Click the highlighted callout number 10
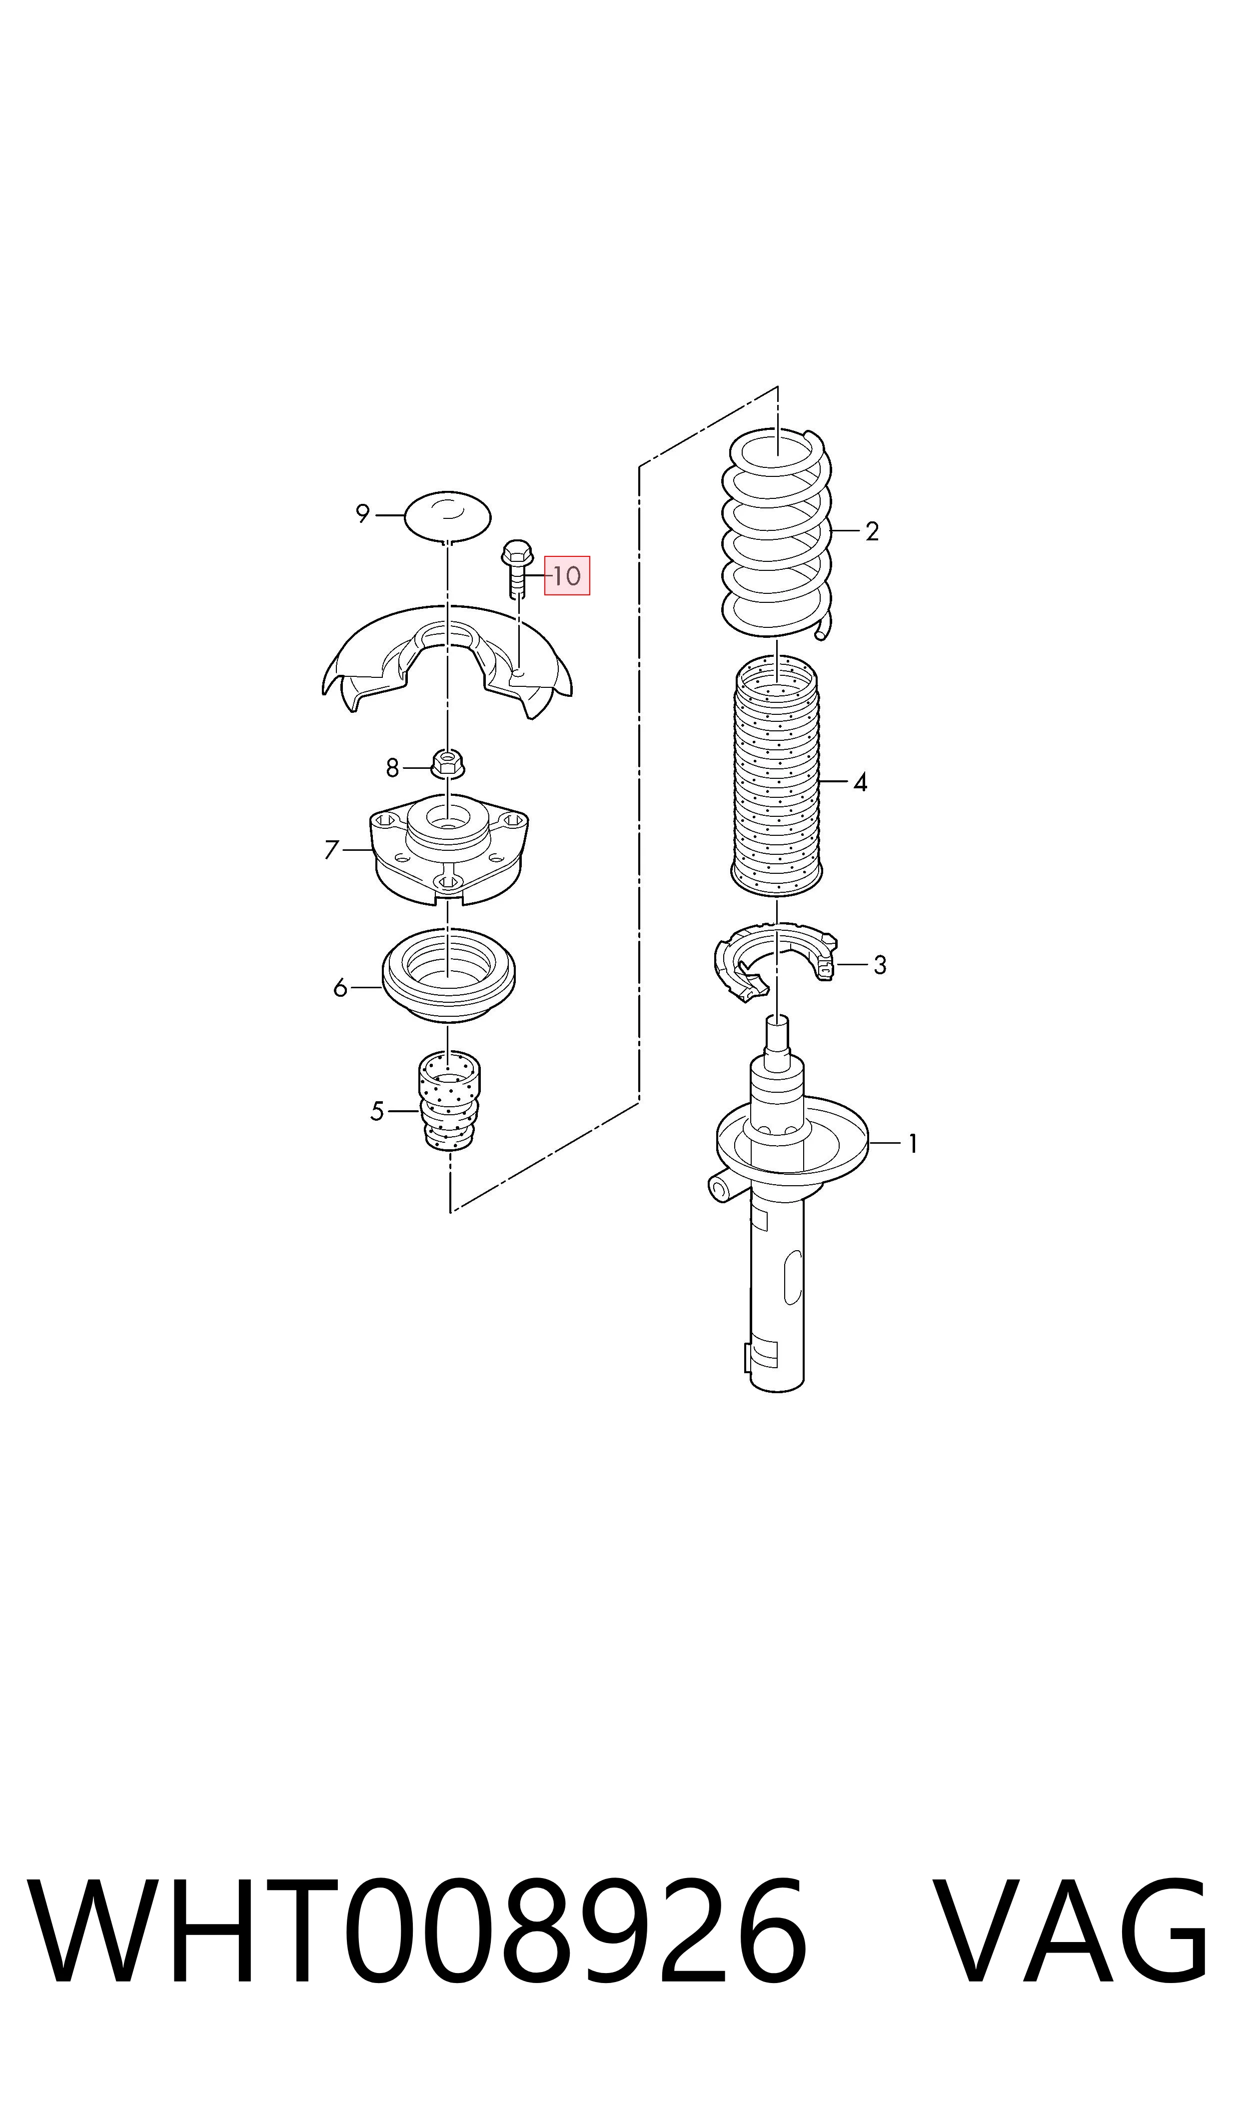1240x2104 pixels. (x=567, y=576)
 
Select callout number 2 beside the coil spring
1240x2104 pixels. (x=872, y=531)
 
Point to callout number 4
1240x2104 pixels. (x=861, y=783)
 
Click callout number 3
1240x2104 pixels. (x=880, y=965)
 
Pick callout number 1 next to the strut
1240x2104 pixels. (x=913, y=1143)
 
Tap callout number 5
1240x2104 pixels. (x=377, y=1111)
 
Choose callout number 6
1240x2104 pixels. (x=340, y=988)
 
